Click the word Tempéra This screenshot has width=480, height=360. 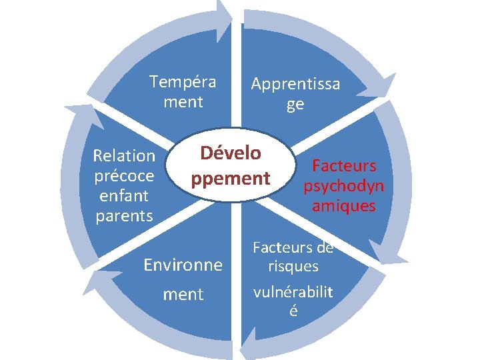[x=183, y=82]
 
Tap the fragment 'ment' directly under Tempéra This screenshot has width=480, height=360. [x=183, y=102]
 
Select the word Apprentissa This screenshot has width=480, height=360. [x=295, y=84]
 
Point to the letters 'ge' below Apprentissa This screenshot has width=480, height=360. [x=295, y=105]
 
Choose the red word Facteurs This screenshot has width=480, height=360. [x=344, y=165]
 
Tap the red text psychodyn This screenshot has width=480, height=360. [x=344, y=185]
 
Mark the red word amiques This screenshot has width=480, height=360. [x=344, y=206]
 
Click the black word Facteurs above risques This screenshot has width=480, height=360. [x=283, y=247]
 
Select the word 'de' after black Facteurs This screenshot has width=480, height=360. [x=325, y=247]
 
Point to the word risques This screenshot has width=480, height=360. [x=293, y=267]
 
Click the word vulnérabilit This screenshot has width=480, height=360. [x=293, y=292]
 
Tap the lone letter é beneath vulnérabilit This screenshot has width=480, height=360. [x=293, y=311]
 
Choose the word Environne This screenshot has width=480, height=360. [x=183, y=265]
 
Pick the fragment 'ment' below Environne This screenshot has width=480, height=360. [x=183, y=294]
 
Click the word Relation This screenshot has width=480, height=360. [x=124, y=156]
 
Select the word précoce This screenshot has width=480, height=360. [x=124, y=176]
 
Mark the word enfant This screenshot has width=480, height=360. [x=124, y=196]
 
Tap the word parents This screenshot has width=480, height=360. [x=124, y=216]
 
